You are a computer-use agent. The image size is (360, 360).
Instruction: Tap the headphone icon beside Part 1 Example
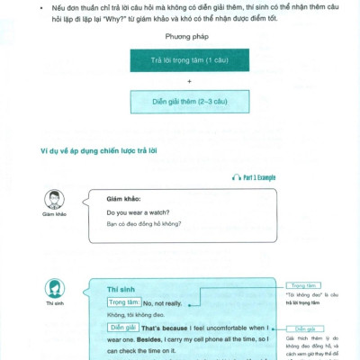(x=236, y=179)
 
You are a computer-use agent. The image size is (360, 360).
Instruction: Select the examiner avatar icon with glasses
(x=55, y=200)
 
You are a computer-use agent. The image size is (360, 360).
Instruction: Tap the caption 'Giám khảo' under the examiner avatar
(x=55, y=214)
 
